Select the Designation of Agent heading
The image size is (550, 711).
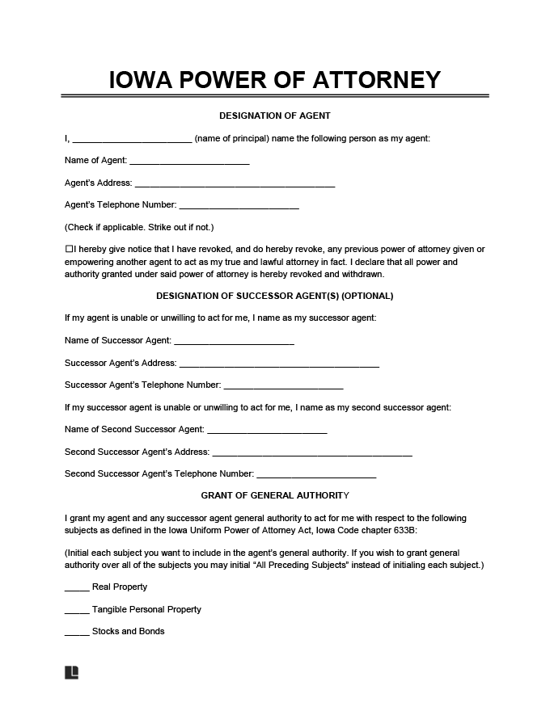pyautogui.click(x=275, y=116)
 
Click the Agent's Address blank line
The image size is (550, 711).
pyautogui.click(x=235, y=184)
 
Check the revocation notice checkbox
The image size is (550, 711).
pyautogui.click(x=69, y=250)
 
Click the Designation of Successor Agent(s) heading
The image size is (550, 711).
pyautogui.click(x=275, y=296)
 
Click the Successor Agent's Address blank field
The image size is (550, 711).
pyautogui.click(x=279, y=364)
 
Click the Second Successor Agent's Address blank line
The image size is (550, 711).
pyautogui.click(x=312, y=453)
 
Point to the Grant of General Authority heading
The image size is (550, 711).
pyautogui.click(x=275, y=495)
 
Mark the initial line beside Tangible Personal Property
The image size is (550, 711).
pyautogui.click(x=77, y=611)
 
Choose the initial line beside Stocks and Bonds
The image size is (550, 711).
pyautogui.click(x=77, y=633)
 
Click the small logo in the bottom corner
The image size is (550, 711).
pyautogui.click(x=71, y=672)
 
